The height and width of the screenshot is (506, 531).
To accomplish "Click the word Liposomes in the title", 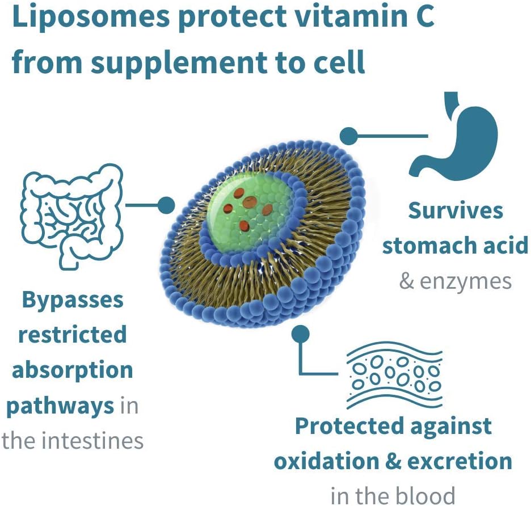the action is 91,17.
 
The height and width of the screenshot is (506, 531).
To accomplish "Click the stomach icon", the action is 454,133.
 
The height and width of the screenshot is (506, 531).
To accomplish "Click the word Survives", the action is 456,210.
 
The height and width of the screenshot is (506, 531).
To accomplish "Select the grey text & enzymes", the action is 456,281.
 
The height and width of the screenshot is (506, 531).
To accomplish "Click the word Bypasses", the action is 73,301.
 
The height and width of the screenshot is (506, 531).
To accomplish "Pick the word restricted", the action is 73,334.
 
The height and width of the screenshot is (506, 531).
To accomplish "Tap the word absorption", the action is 73,370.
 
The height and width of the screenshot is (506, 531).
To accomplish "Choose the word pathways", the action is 60,406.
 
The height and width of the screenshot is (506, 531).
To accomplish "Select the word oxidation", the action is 326,461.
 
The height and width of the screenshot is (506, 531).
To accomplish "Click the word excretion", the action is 460,461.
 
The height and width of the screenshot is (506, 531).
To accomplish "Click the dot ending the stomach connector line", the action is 348,136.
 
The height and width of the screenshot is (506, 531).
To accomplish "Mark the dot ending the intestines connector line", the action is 166,205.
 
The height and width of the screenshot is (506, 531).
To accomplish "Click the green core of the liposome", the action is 249,213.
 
